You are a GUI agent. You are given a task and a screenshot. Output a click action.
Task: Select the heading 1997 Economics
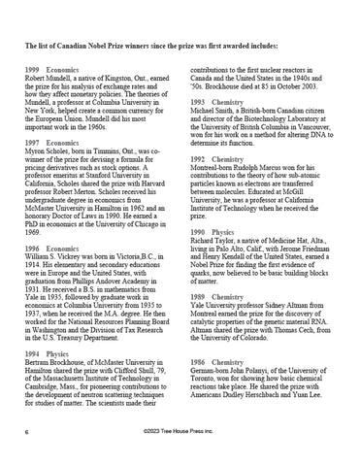[x=51, y=143]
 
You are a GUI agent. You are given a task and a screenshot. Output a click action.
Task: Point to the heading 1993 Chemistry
[x=217, y=102]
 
